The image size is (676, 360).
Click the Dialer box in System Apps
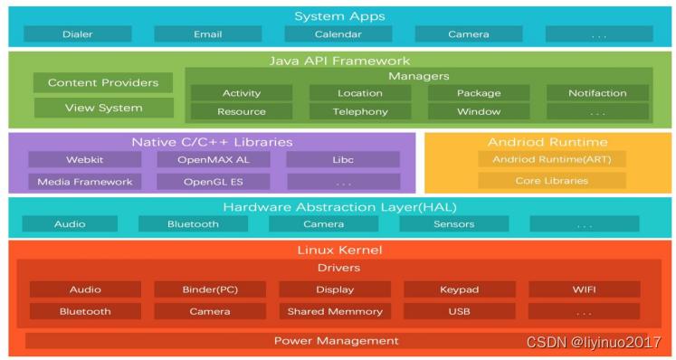pyautogui.click(x=77, y=34)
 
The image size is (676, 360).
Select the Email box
pyautogui.click(x=207, y=34)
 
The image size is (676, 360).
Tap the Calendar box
pyautogui.click(x=338, y=34)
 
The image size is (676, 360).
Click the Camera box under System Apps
pyautogui.click(x=469, y=34)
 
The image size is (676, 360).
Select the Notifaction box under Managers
pyautogui.click(x=597, y=93)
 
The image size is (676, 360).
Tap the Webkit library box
pyautogui.click(x=85, y=159)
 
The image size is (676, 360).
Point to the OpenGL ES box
pyautogui.click(x=214, y=182)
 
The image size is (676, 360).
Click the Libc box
pyautogui.click(x=342, y=159)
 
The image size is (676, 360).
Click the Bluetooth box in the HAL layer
pyautogui.click(x=193, y=224)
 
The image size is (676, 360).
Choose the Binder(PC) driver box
pyautogui.click(x=210, y=290)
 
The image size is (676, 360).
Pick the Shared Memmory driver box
pyautogui.click(x=335, y=312)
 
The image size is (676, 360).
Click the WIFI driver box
pyautogui.click(x=584, y=290)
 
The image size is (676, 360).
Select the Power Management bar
pyautogui.click(x=337, y=341)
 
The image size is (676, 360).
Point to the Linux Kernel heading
pyautogui.click(x=338, y=249)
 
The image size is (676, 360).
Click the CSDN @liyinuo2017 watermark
pyautogui.click(x=594, y=343)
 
